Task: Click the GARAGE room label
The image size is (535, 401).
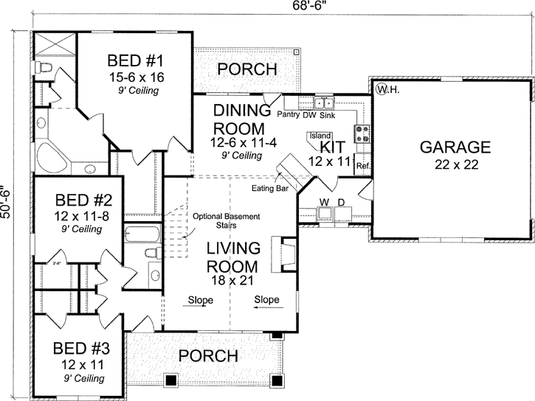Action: tap(455, 147)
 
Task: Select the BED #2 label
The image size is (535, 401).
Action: tap(83, 200)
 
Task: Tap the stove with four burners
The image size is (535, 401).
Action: tap(363, 133)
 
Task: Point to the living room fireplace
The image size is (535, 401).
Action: tap(283, 255)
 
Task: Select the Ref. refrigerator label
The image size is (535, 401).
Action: tap(362, 166)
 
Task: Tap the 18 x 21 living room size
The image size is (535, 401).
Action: tap(232, 281)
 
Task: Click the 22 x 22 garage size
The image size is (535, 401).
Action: tap(455, 164)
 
